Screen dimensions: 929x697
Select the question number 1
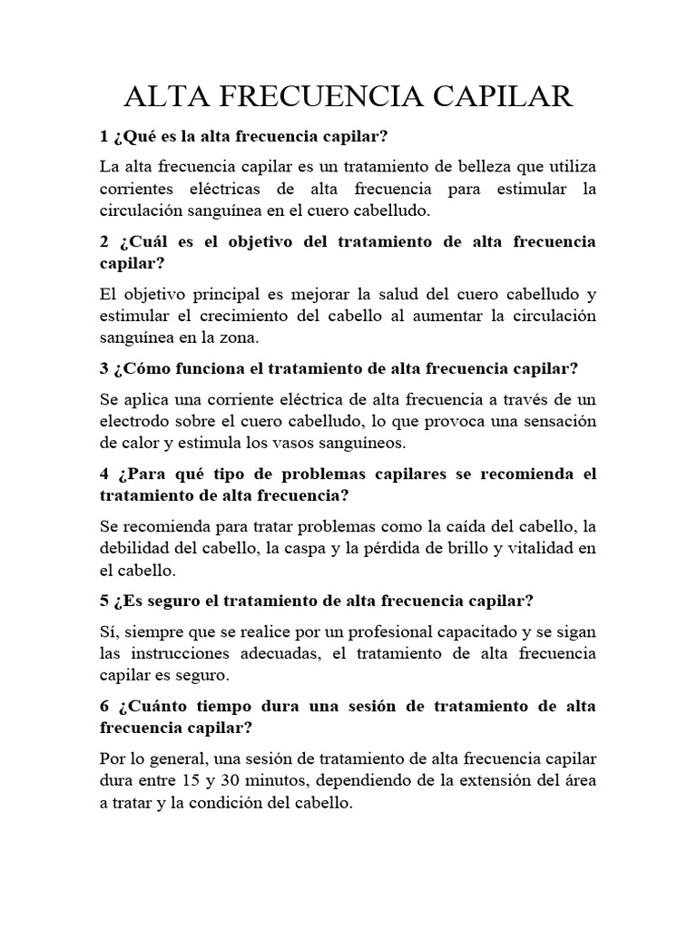click(x=103, y=137)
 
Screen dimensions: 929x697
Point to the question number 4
click(x=103, y=474)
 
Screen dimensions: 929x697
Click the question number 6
click(x=103, y=705)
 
